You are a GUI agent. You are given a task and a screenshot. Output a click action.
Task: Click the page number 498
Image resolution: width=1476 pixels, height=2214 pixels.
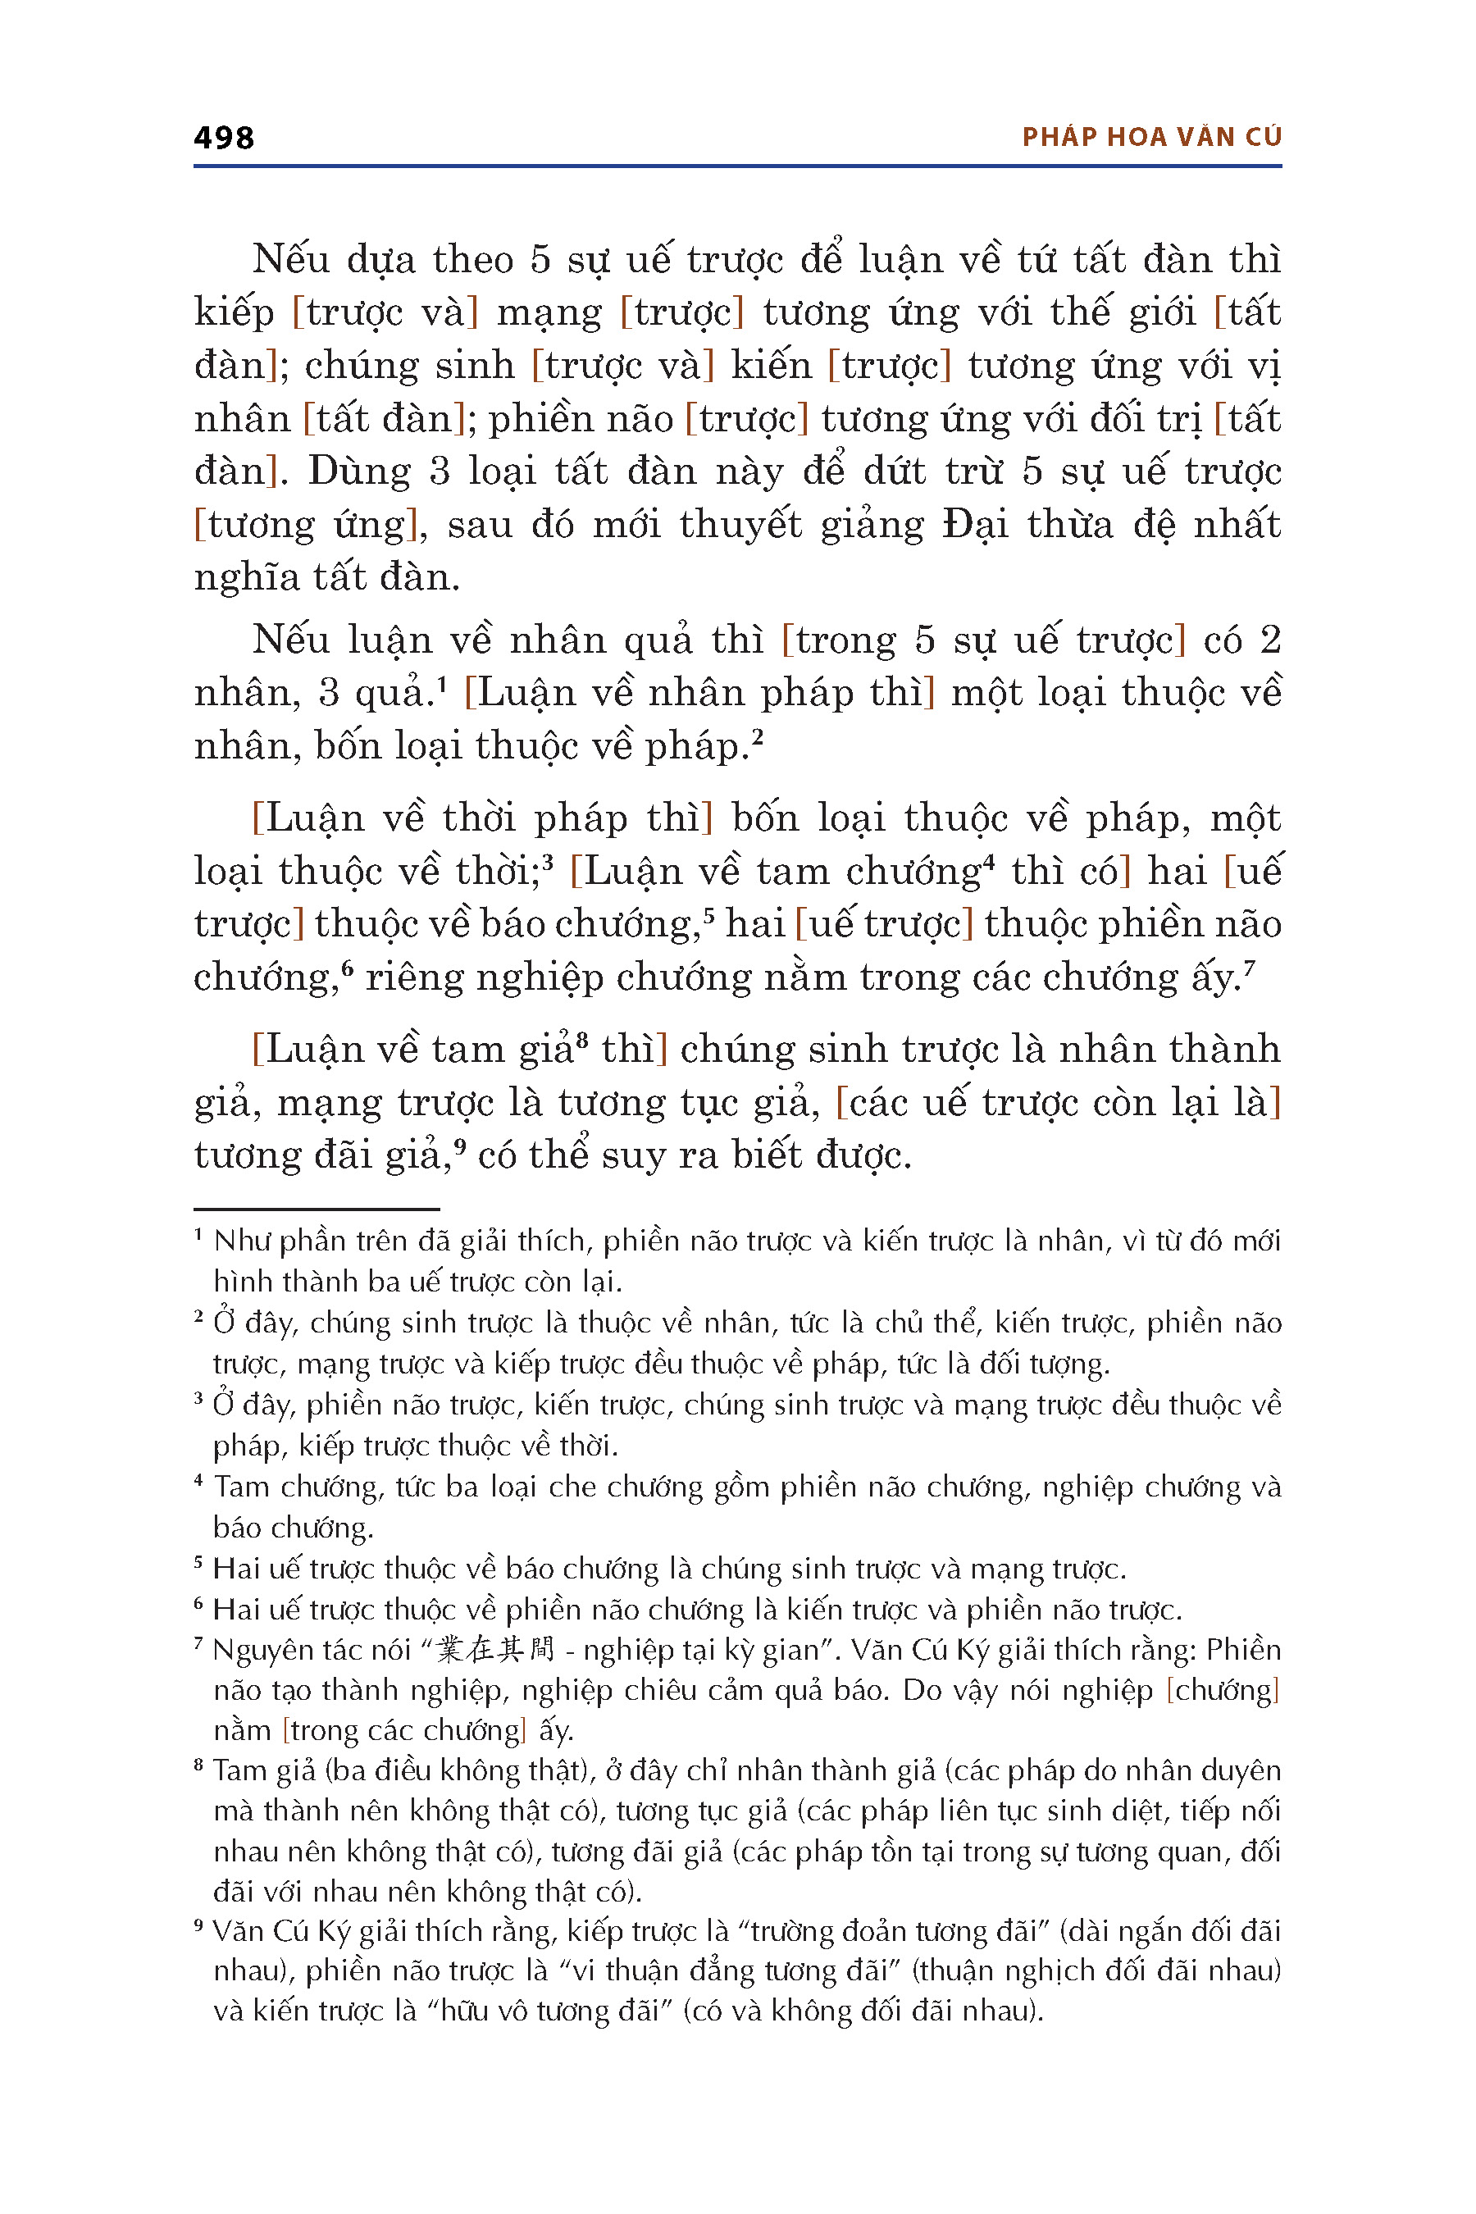click(224, 139)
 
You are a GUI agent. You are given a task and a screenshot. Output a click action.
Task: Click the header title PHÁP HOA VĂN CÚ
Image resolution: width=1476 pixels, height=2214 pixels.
click(1151, 138)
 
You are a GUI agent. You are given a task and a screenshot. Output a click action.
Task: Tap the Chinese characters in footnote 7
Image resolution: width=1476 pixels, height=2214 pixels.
click(496, 1649)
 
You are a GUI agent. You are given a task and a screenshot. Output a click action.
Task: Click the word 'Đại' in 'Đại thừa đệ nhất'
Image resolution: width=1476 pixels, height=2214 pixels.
click(975, 524)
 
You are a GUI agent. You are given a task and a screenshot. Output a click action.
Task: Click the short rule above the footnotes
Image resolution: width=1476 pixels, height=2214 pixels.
click(317, 1209)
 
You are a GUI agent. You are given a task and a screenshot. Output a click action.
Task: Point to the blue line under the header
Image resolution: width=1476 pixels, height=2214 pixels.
click(737, 166)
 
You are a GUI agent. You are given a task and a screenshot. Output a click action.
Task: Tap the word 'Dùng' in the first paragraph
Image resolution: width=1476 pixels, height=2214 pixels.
click(358, 471)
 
